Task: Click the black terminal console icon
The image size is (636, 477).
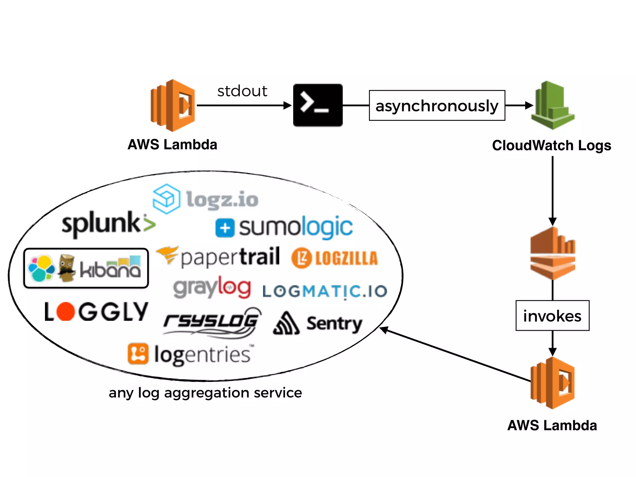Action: [x=318, y=105]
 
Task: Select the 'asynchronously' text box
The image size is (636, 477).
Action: [x=437, y=106]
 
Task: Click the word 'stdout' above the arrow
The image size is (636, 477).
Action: [x=242, y=91]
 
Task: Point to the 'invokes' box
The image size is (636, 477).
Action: [x=552, y=316]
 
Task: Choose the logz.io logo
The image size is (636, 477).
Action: [x=206, y=199]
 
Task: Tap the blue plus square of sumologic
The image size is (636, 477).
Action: [x=225, y=228]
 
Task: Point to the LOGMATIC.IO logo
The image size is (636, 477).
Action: [x=325, y=291]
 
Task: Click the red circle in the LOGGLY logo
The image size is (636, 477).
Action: [x=66, y=311]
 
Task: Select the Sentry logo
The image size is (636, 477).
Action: [x=317, y=324]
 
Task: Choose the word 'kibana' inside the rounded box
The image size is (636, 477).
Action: [x=110, y=269]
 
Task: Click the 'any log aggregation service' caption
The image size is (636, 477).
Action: [x=205, y=393]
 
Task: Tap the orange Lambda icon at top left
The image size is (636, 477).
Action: [x=173, y=106]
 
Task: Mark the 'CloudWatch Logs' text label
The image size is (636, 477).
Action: [x=552, y=145]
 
